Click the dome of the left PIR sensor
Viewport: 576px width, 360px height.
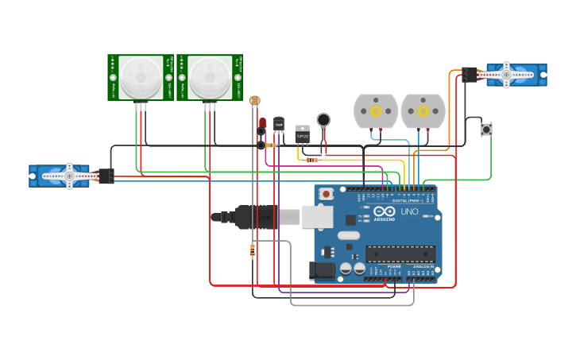point(141,77)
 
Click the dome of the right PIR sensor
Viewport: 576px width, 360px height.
point(210,77)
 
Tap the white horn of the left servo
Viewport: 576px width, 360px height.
point(69,176)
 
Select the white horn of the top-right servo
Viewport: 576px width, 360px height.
point(506,75)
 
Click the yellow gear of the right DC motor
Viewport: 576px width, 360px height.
point(423,110)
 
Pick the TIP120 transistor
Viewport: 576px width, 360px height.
point(303,133)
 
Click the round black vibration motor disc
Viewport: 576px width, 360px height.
point(323,120)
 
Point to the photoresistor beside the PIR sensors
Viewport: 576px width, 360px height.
point(254,101)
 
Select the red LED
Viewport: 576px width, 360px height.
point(262,122)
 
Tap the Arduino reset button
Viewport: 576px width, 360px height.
point(327,193)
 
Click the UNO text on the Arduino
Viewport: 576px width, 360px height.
point(408,212)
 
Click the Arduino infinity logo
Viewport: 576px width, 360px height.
point(384,212)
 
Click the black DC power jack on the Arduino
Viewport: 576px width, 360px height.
point(322,270)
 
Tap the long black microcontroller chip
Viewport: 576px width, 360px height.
point(400,254)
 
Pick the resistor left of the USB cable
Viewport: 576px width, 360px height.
point(253,251)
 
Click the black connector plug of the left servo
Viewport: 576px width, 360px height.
point(106,176)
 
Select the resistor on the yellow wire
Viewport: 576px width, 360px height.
point(312,160)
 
